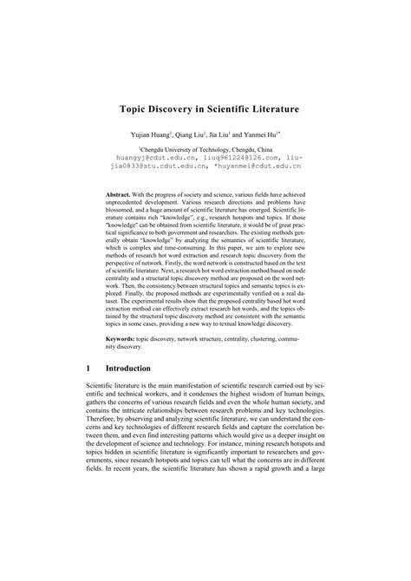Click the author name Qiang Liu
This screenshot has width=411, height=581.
coord(191,136)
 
